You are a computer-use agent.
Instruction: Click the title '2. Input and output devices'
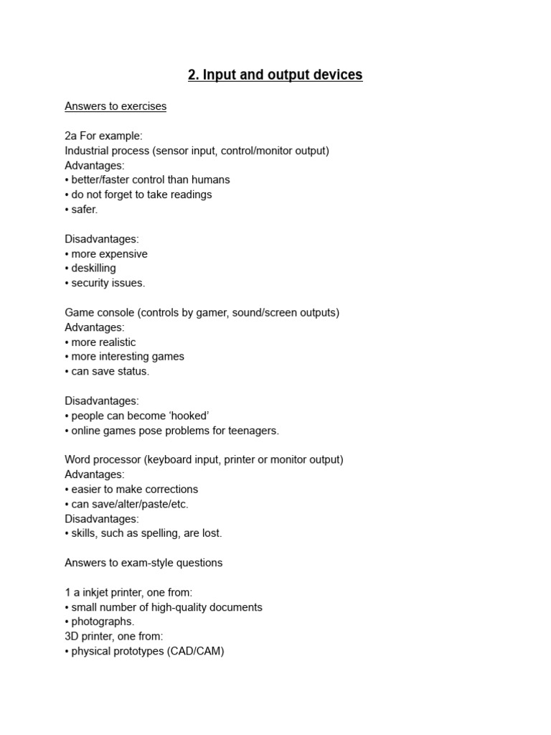pyautogui.click(x=275, y=75)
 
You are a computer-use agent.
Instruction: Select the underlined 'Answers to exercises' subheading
pyautogui.click(x=116, y=106)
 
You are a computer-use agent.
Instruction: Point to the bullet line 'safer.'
pyautogui.click(x=84, y=210)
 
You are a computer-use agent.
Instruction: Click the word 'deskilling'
pyautogui.click(x=93, y=268)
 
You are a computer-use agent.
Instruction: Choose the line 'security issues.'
pyautogui.click(x=108, y=283)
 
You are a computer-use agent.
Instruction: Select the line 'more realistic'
pyautogui.click(x=103, y=342)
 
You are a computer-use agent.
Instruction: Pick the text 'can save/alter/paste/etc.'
pyautogui.click(x=130, y=504)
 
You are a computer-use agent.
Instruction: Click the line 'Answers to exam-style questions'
pyautogui.click(x=143, y=563)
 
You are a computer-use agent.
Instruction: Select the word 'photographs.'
pyautogui.click(x=103, y=622)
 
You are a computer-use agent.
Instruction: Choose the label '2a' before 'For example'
pyautogui.click(x=71, y=136)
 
